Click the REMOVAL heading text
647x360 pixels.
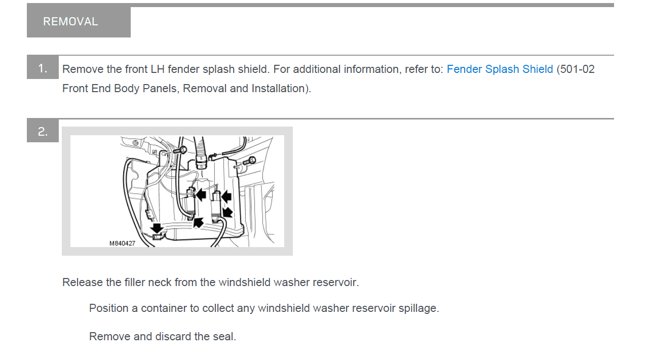coord(70,22)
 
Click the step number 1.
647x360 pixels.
coord(43,68)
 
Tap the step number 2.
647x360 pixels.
coord(43,132)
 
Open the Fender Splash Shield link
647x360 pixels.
coord(500,69)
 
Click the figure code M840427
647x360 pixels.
coord(122,244)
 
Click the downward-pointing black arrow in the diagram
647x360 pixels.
coord(157,228)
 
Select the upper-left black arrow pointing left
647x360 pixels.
coord(201,194)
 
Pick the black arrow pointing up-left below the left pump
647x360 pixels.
coord(199,223)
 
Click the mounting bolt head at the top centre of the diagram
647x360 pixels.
coord(183,150)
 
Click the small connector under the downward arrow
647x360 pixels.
coord(158,237)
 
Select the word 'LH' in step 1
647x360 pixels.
coord(158,69)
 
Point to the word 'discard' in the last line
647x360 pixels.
coord(173,337)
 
